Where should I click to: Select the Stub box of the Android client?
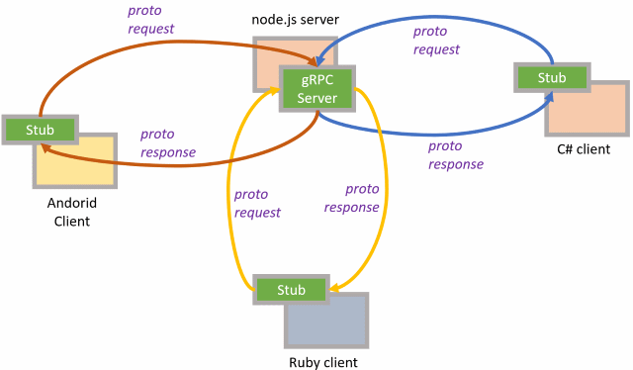click(40, 128)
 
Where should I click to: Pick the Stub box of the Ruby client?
click(291, 289)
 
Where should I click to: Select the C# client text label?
click(584, 149)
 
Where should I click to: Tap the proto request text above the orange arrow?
click(150, 20)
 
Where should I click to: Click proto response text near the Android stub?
click(167, 143)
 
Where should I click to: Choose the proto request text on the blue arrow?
click(436, 40)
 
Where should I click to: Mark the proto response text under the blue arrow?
click(456, 154)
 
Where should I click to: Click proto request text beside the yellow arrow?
click(257, 203)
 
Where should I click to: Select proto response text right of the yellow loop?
click(351, 198)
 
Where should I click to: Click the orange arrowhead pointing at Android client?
click(46, 147)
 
